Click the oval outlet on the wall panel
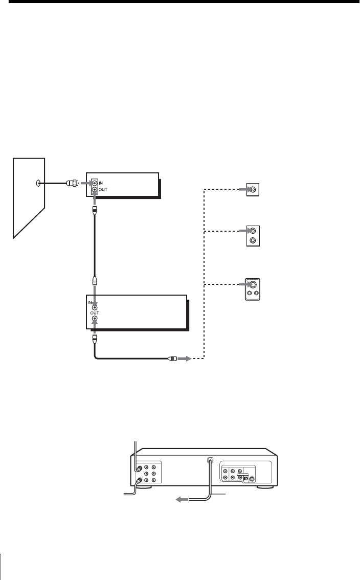pos(36,183)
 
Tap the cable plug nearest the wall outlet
pos(72,183)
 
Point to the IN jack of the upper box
pos(94,183)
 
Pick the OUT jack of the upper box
pos(94,190)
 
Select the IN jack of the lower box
pos(95,308)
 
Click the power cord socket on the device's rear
pos(209,460)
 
